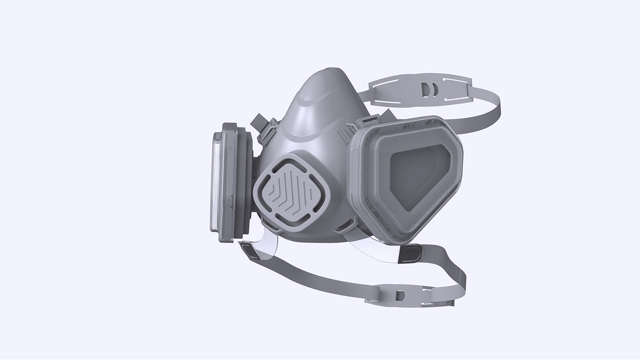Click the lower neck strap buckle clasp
(398, 295)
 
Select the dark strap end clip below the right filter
(410, 253)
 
